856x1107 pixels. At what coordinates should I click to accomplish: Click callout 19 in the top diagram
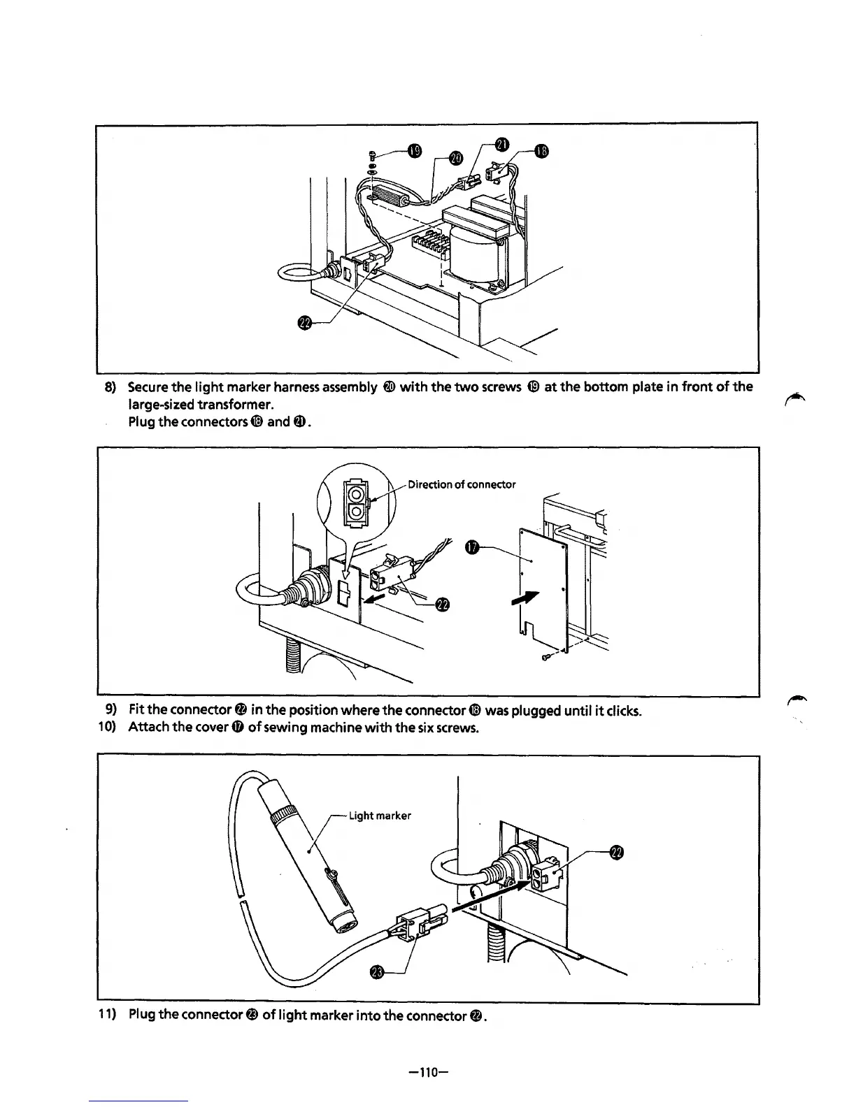click(x=415, y=151)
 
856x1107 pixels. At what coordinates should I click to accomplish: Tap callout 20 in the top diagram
click(x=455, y=157)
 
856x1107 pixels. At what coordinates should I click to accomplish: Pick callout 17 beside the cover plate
click(x=472, y=549)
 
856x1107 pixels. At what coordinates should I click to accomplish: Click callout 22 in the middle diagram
click(x=441, y=605)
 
